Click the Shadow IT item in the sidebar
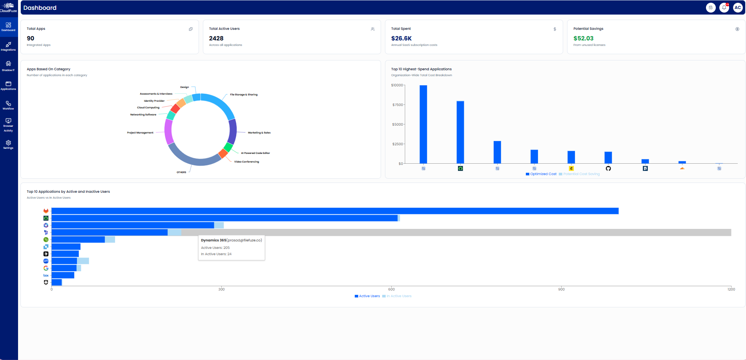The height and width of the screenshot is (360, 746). tap(8, 66)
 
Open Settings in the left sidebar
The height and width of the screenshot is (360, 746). tap(8, 144)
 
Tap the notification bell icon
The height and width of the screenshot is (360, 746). tap(724, 7)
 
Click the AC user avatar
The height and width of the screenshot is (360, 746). tap(738, 7)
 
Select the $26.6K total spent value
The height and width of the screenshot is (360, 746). tap(401, 38)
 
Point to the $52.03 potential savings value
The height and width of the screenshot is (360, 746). tap(583, 38)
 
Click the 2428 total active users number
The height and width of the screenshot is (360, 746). tap(216, 38)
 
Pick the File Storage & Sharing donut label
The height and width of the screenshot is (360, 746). tap(244, 95)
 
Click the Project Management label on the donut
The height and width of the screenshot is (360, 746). tap(140, 133)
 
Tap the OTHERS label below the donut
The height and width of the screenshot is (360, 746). tap(181, 172)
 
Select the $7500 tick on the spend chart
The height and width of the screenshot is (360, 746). tap(398, 105)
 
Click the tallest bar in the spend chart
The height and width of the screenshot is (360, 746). tap(423, 124)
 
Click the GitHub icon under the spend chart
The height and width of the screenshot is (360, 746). tap(608, 168)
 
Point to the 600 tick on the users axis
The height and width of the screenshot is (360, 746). tap(392, 289)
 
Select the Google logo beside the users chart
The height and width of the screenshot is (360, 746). tap(46, 268)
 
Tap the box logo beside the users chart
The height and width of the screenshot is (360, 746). tap(46, 275)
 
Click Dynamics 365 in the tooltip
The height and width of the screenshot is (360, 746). tap(213, 240)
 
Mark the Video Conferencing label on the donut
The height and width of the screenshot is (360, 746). tap(246, 162)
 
